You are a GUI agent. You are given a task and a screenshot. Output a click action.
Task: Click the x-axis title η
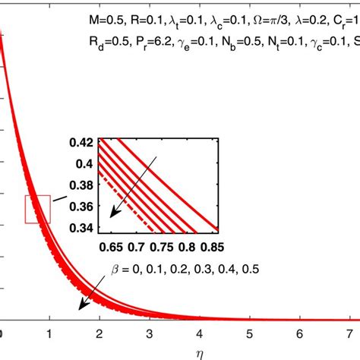[179, 352]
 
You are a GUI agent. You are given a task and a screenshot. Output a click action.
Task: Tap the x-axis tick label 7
[351, 335]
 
